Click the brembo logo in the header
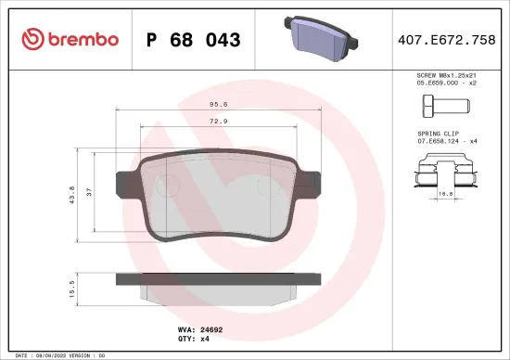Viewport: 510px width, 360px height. pos(69,39)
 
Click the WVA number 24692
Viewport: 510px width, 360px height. pos(212,328)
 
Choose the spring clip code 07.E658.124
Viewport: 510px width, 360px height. pos(434,143)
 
